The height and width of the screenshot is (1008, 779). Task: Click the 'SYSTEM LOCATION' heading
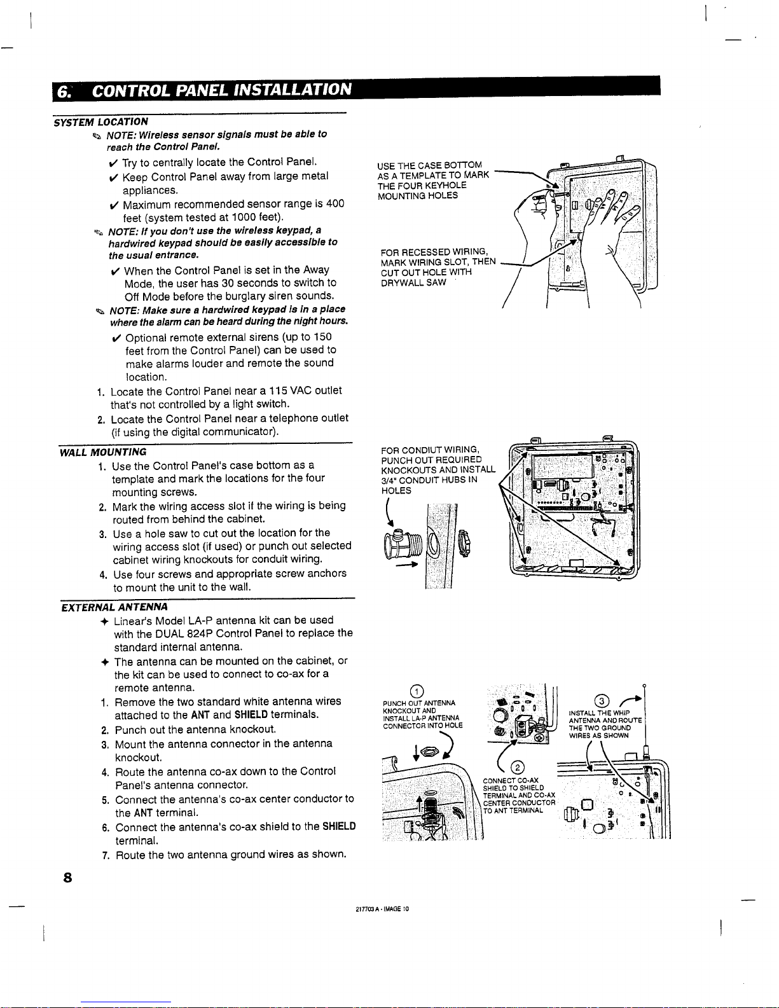101,121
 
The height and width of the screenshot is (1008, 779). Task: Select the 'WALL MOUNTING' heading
103,452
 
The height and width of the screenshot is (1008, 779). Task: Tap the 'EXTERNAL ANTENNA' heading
114,607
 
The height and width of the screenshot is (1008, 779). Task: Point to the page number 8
66,878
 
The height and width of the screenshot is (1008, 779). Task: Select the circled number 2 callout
518,766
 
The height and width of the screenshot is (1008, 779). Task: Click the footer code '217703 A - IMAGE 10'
382,909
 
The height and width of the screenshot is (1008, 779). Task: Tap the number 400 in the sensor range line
334,204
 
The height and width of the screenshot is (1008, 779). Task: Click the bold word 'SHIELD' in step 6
338,826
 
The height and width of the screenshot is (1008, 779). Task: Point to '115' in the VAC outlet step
277,390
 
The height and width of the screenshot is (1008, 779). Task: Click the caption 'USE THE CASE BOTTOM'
429,165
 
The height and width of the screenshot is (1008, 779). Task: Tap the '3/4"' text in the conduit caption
389,480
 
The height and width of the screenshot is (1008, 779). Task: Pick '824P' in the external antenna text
200,633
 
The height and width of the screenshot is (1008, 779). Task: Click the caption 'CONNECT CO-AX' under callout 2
511,780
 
